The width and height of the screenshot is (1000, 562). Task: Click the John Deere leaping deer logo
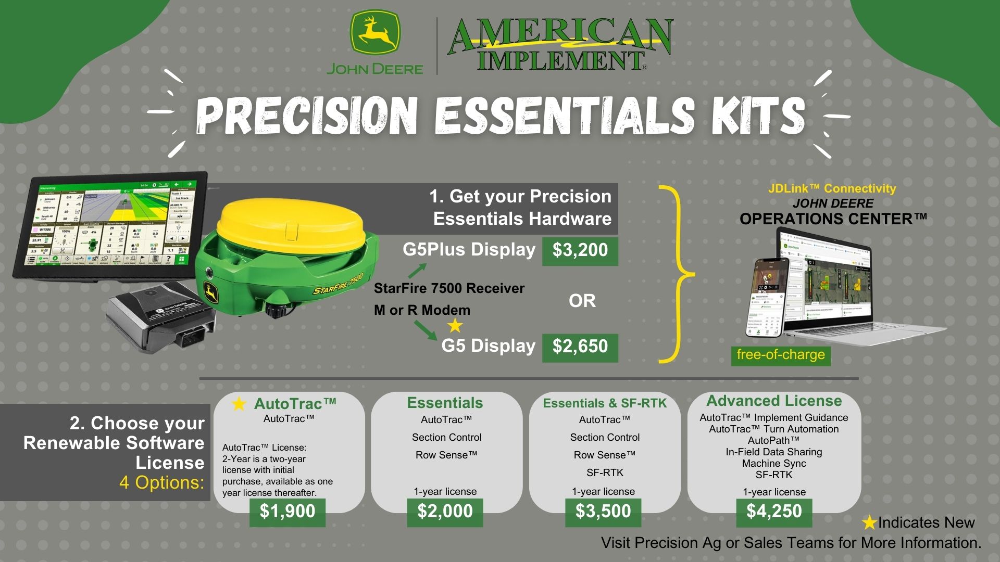(x=374, y=33)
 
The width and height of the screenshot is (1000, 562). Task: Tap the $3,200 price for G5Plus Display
(x=580, y=250)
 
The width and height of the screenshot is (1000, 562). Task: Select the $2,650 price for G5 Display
(x=580, y=347)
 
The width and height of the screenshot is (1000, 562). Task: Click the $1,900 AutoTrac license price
(x=287, y=512)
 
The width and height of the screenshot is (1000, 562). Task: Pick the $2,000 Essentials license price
(x=445, y=512)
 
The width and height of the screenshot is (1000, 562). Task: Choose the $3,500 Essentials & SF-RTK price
(x=603, y=512)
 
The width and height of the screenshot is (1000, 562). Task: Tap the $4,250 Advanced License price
(x=774, y=512)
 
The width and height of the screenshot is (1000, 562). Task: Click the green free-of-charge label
(x=780, y=355)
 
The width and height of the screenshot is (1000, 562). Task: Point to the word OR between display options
(x=582, y=301)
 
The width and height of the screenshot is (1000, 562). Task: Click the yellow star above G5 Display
(x=455, y=326)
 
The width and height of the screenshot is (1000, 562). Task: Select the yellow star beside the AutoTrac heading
(x=239, y=404)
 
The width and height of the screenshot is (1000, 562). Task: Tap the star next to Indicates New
(x=869, y=522)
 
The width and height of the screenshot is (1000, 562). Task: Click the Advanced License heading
(x=774, y=401)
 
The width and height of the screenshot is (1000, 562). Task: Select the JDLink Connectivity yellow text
(x=832, y=188)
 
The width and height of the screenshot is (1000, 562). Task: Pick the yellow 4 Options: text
(x=161, y=482)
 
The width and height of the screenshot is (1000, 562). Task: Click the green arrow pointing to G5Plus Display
(x=417, y=270)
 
